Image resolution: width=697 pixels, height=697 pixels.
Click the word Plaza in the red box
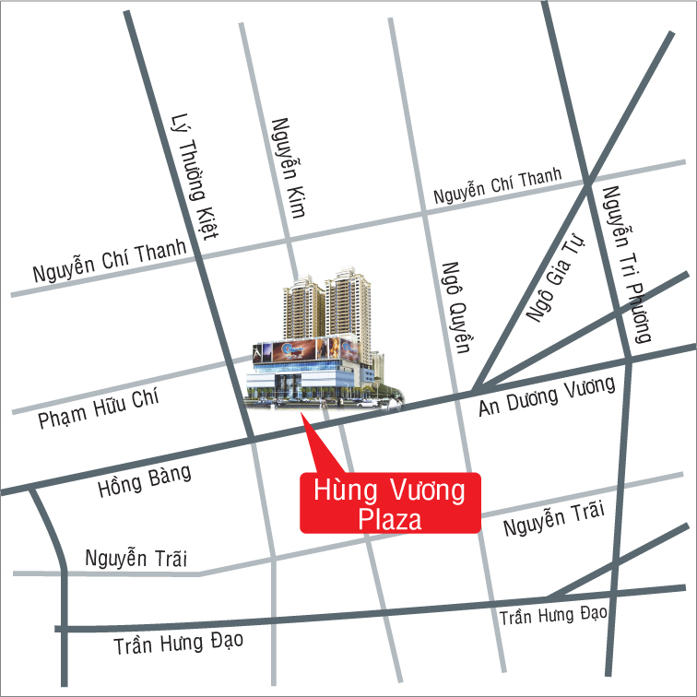(x=390, y=518)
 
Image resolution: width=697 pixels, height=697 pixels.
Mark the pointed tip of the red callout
(x=305, y=417)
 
